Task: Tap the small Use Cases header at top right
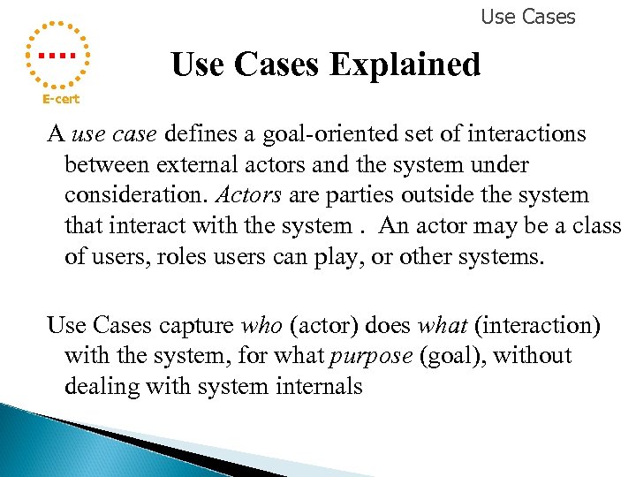pyautogui.click(x=527, y=17)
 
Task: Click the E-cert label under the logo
pyautogui.click(x=61, y=99)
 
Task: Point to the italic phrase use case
pyautogui.click(x=113, y=133)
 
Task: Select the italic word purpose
pyautogui.click(x=370, y=356)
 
